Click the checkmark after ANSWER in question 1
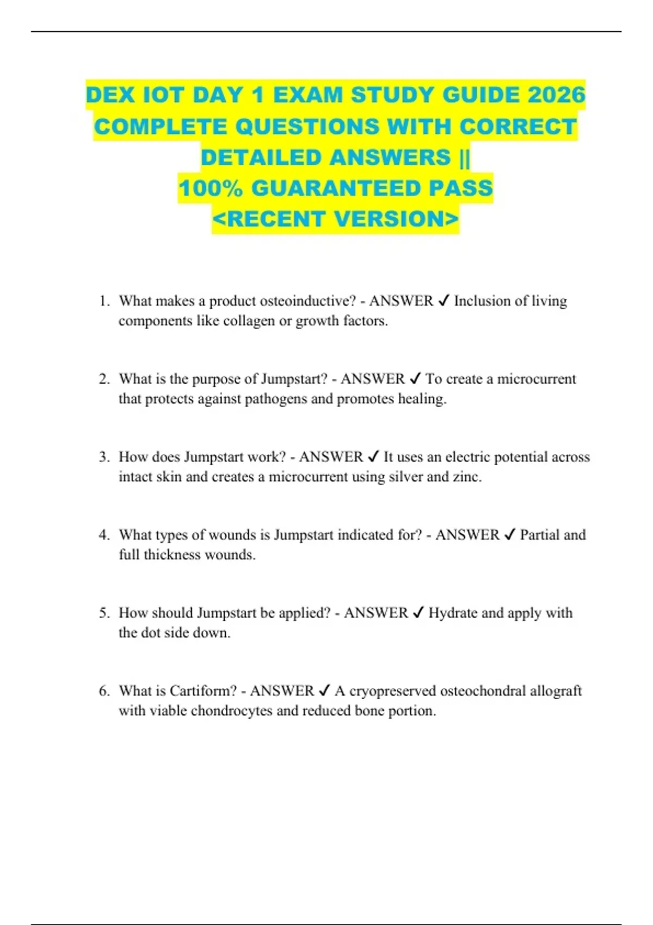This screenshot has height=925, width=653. tap(443, 301)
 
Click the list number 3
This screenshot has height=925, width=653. tap(104, 457)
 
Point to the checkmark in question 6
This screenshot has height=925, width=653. tap(324, 691)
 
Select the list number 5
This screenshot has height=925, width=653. tap(104, 613)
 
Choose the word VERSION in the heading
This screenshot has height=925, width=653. tap(397, 219)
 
